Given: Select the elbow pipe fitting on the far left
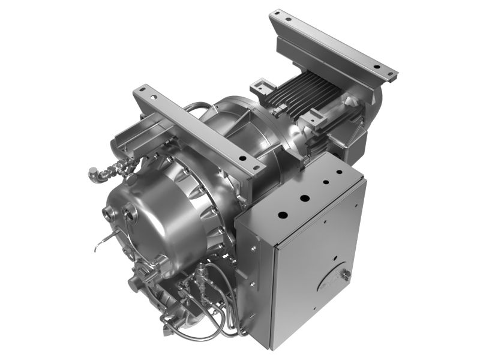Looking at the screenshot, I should pyautogui.click(x=94, y=174).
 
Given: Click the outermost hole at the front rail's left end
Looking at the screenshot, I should pyautogui.click(x=140, y=91).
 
